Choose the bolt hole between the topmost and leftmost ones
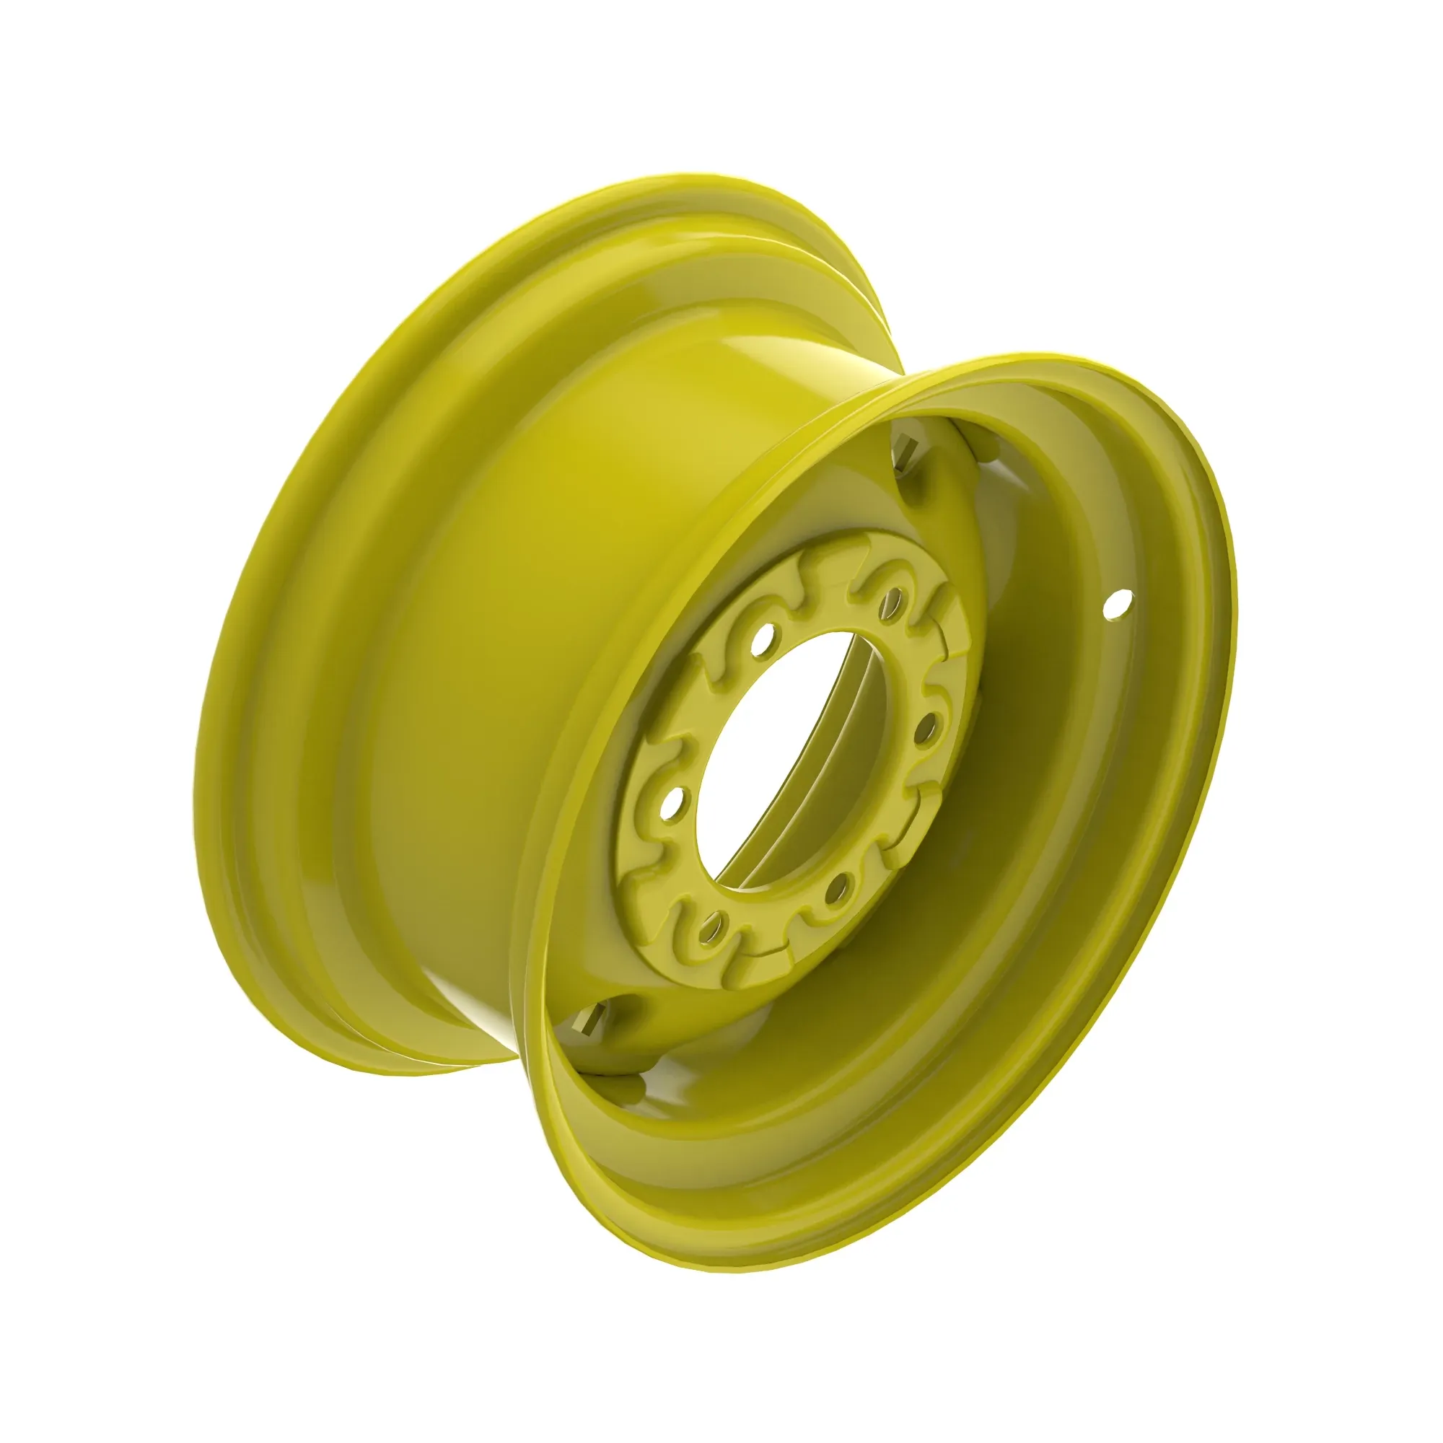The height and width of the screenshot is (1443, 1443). (763, 639)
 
